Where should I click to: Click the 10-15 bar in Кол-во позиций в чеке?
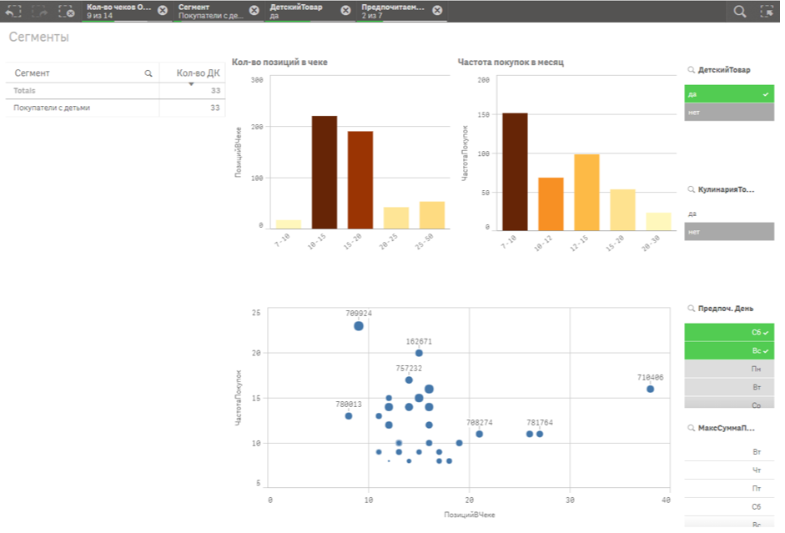coord(325,172)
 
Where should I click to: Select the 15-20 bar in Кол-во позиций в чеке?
coord(360,179)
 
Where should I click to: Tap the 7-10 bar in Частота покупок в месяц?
coord(515,171)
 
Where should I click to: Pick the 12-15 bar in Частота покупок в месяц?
coord(586,192)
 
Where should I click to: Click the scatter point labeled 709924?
coord(359,326)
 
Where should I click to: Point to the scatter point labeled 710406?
coord(650,390)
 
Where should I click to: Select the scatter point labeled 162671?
coord(419,353)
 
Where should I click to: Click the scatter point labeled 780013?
coord(349,415)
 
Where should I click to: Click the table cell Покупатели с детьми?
coord(52,108)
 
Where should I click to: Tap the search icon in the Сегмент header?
coord(148,73)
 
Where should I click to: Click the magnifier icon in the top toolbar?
coord(739,11)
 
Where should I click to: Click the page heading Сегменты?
coord(39,38)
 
